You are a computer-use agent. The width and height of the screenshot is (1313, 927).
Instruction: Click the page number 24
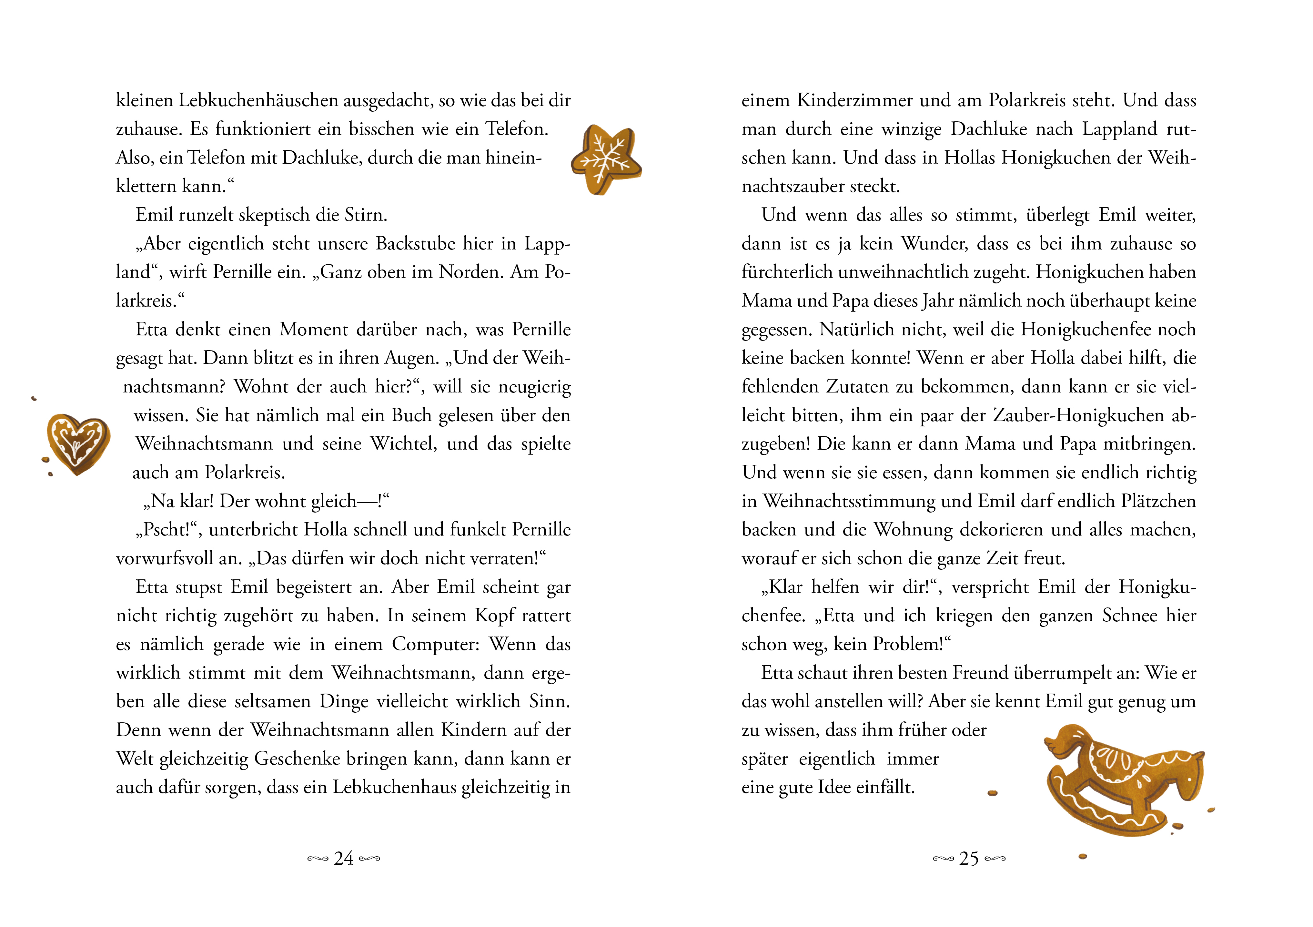coord(344,858)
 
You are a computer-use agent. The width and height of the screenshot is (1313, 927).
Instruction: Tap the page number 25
coord(969,858)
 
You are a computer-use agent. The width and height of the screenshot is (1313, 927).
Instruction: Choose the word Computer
coord(436,645)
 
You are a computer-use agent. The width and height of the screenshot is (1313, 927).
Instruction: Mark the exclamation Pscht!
coord(166,530)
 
